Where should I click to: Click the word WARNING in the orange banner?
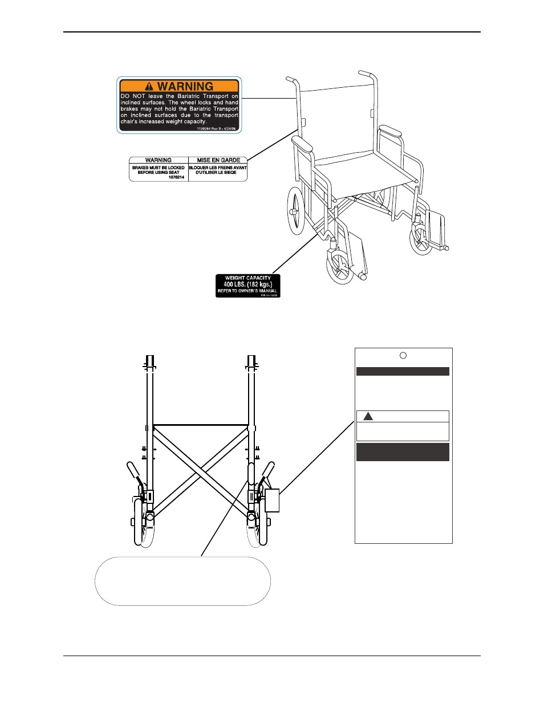pos(185,87)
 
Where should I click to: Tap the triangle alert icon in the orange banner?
pos(149,87)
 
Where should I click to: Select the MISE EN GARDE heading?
pos(218,160)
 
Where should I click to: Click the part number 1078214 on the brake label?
pos(176,177)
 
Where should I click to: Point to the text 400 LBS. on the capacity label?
pos(234,284)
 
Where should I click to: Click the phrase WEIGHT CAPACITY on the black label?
pos(248,278)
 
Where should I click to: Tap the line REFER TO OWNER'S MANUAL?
pos(247,291)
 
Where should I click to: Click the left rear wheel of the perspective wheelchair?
pos(296,211)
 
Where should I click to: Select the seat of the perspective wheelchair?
pos(365,168)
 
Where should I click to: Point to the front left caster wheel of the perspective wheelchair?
pos(339,267)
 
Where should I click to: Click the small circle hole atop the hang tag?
pos(403,356)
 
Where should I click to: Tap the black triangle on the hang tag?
pos(368,416)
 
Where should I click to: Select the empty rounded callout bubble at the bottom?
pos(182,581)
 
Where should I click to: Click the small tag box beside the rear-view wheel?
pos(272,500)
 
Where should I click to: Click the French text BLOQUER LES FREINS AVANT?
pos(218,168)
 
